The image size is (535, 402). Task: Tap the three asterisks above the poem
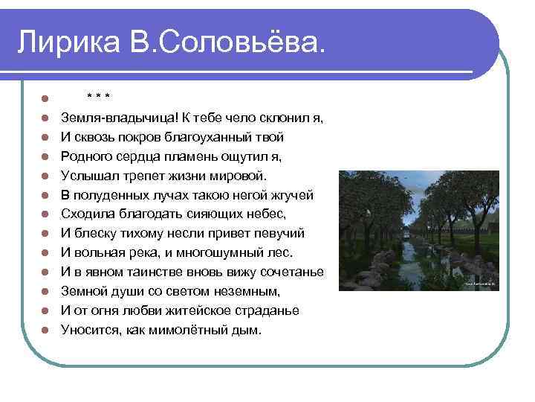(98, 97)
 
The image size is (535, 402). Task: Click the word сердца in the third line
(146, 156)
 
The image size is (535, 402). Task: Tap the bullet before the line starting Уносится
(45, 331)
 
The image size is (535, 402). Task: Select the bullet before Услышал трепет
(45, 176)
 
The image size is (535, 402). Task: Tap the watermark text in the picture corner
(480, 284)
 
